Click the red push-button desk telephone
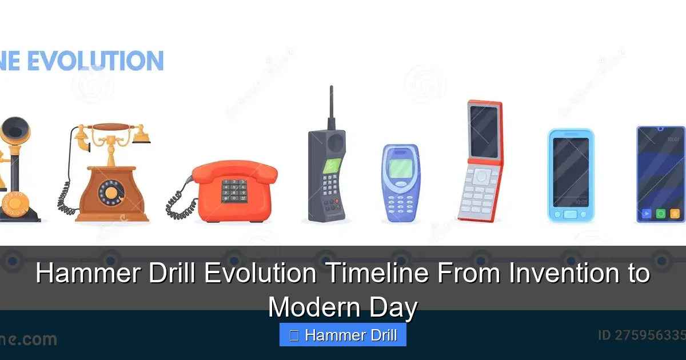(x=234, y=191)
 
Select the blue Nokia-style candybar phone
(x=400, y=183)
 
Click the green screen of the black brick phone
(x=332, y=166)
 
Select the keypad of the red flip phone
(x=479, y=191)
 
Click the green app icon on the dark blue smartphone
(x=661, y=214)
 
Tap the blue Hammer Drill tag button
(x=343, y=335)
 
